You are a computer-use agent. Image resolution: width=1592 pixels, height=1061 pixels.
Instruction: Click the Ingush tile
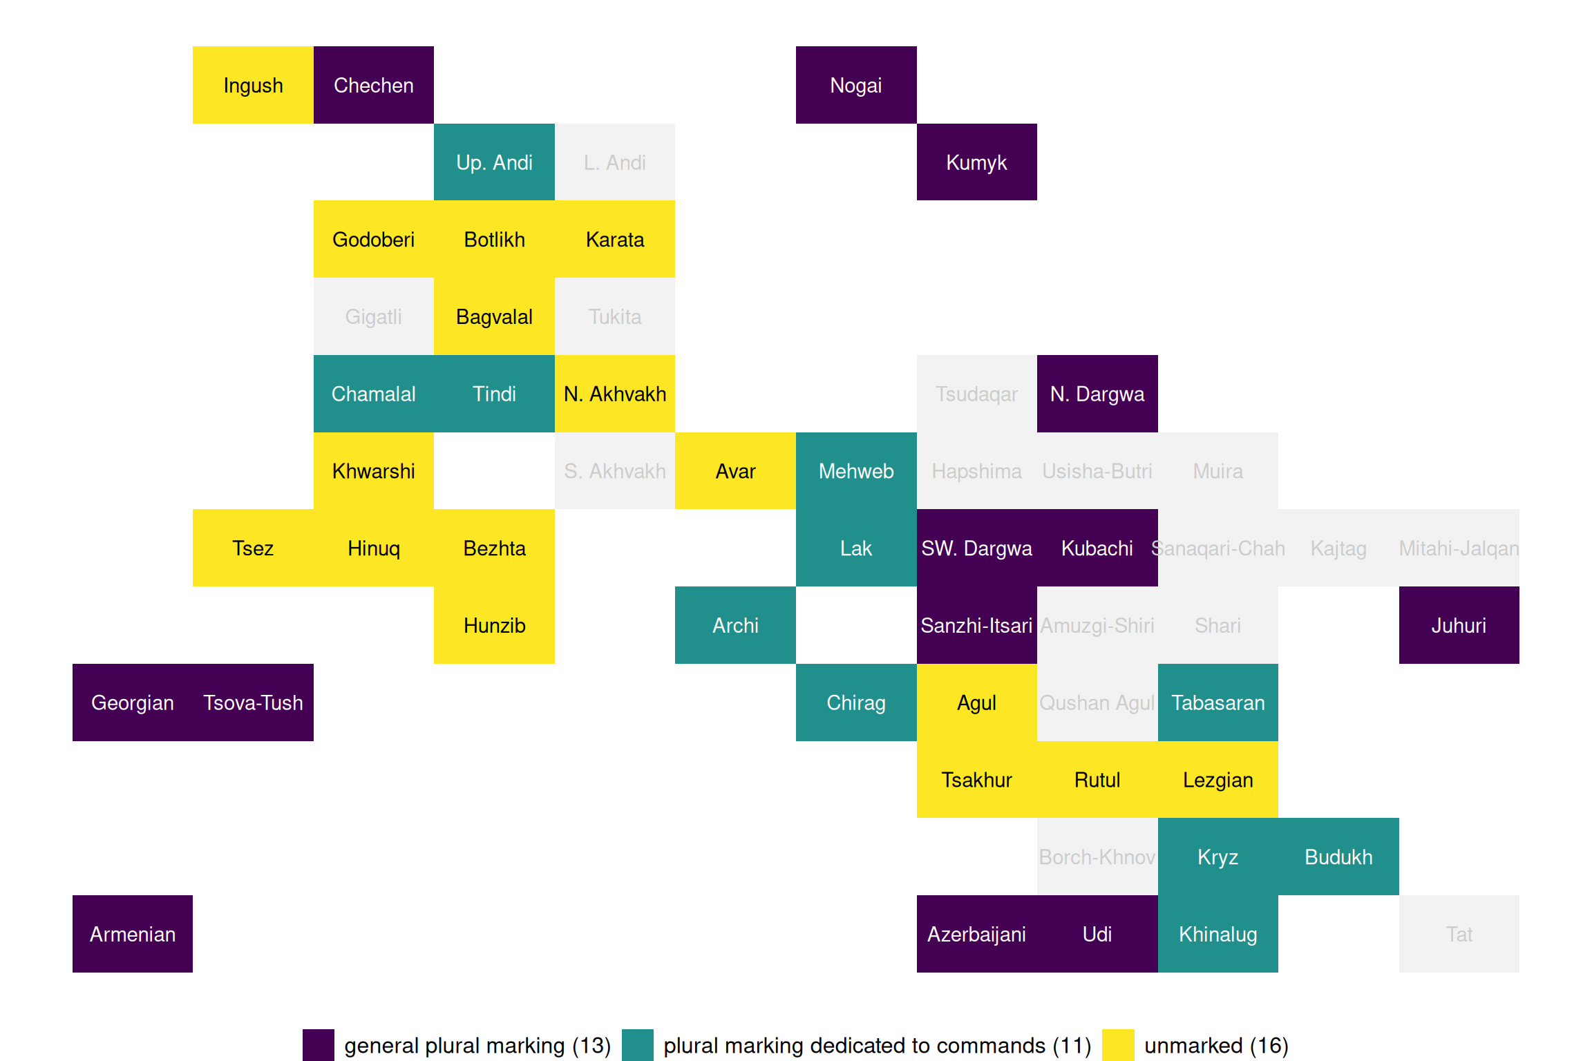pos(253,85)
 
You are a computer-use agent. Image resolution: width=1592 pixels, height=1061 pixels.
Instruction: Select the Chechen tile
pos(373,85)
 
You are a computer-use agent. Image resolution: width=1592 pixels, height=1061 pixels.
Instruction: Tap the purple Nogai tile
pos(856,85)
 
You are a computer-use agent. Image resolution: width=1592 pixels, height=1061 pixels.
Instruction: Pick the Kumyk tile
pos(976,162)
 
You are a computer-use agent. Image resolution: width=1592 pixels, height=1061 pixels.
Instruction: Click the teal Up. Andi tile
pos(494,162)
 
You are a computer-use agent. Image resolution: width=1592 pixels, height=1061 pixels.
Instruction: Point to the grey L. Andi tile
pos(614,162)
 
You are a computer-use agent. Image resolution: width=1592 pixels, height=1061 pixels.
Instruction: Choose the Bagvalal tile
pos(494,316)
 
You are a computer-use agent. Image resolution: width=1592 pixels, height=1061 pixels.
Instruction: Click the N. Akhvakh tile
pos(614,394)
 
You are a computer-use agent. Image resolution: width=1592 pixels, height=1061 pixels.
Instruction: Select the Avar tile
pos(735,471)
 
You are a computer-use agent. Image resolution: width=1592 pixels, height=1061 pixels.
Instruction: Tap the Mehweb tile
pos(856,471)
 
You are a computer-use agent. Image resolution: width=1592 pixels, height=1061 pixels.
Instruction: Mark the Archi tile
pos(735,625)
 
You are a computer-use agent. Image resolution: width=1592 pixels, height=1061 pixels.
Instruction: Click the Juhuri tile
pos(1459,625)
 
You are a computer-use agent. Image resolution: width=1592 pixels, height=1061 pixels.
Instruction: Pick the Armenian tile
pos(133,934)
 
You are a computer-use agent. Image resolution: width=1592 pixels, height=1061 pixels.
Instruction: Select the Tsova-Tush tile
pos(253,702)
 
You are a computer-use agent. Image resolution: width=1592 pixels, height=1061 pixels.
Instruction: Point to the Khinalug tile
pos(1217,934)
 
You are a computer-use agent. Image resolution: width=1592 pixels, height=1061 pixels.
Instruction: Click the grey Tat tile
pos(1459,934)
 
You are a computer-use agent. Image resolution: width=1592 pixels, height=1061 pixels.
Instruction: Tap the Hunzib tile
pos(494,625)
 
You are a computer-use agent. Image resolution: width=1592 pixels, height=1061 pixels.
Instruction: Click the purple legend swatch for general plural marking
pos(319,1045)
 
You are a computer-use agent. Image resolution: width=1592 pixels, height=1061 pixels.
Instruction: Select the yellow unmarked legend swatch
pos(1118,1045)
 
